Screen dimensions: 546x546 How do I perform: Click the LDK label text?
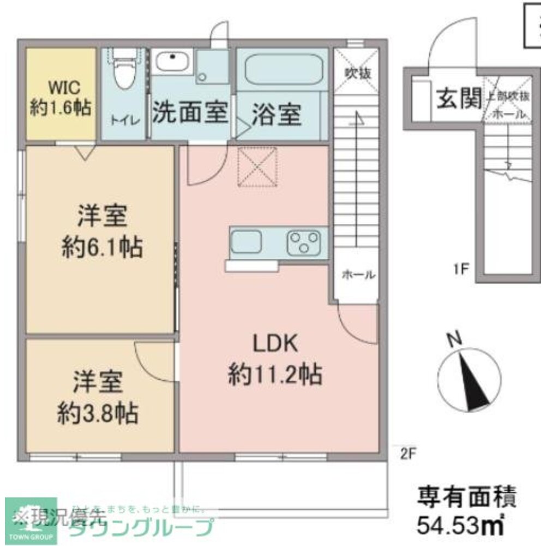(274, 344)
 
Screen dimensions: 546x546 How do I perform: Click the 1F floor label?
(461, 269)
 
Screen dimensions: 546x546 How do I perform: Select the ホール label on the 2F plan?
(358, 275)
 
